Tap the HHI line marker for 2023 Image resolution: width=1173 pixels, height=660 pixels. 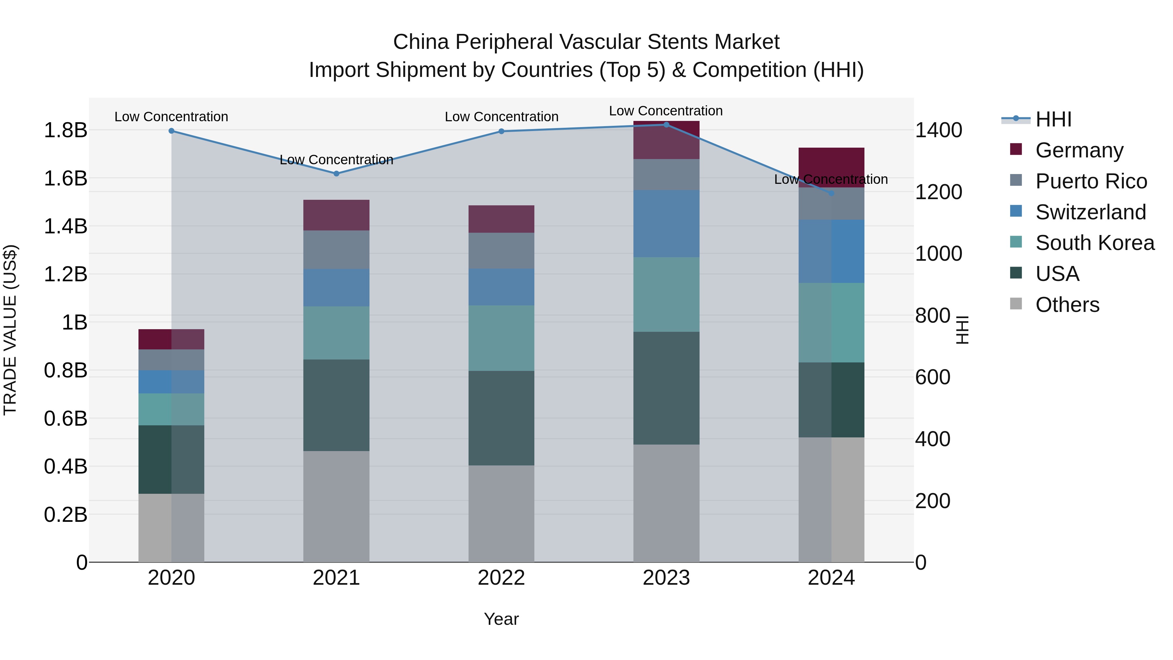[666, 125]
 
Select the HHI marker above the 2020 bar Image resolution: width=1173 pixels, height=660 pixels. [171, 131]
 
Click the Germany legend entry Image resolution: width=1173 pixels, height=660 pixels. [1079, 150]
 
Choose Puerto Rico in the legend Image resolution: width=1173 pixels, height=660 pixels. [1091, 181]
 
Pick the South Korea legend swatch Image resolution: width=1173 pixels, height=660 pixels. [1016, 242]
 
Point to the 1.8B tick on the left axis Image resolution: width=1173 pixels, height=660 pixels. [65, 130]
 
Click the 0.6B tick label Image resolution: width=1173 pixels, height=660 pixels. [65, 418]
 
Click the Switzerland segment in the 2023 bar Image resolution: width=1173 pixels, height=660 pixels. [666, 224]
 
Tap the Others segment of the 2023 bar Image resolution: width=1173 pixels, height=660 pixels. [666, 503]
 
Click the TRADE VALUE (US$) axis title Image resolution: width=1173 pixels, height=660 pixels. [10, 330]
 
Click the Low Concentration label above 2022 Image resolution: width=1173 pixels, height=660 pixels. [501, 117]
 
